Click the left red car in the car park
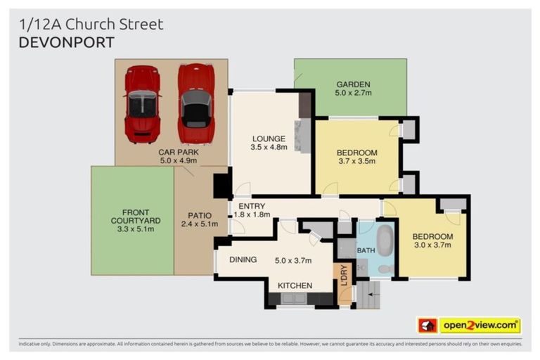click(142, 103)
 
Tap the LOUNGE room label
click(268, 139)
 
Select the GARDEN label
click(353, 84)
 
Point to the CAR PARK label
click(178, 151)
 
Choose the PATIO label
click(200, 216)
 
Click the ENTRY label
click(251, 205)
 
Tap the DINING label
click(243, 259)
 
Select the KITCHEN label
click(295, 285)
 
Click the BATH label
click(366, 250)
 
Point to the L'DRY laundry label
click(345, 274)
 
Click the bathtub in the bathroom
click(385, 240)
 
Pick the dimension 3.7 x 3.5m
click(356, 161)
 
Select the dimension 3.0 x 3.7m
click(432, 245)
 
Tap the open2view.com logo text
click(479, 325)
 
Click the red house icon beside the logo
click(427, 326)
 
